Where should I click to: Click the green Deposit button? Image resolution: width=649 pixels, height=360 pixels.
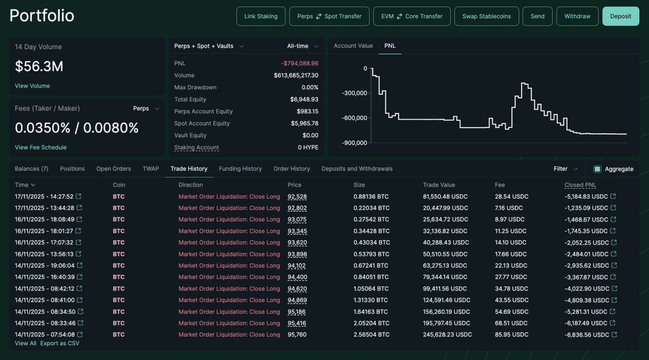[621, 16]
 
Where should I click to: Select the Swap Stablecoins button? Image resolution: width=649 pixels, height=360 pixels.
[486, 16]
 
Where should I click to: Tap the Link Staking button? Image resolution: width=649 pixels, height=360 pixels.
[261, 16]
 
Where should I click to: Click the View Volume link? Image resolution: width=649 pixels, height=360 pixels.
[32, 86]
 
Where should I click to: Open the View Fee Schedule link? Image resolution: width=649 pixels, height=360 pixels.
[41, 147]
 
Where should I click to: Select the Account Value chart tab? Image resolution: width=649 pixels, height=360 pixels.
[353, 46]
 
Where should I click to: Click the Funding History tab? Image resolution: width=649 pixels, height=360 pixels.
[240, 169]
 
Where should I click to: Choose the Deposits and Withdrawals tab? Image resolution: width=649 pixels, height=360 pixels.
[357, 169]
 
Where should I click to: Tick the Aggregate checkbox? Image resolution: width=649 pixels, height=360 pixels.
[597, 169]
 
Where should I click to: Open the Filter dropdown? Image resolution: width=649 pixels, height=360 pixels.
[565, 169]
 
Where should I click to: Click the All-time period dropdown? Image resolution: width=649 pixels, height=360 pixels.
[303, 46]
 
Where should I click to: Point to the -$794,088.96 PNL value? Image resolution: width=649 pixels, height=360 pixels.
[300, 63]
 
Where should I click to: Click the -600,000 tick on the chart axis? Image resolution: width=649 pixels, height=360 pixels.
[354, 118]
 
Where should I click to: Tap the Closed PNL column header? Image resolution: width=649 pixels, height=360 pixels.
[580, 185]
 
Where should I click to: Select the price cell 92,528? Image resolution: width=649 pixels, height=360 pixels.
[297, 197]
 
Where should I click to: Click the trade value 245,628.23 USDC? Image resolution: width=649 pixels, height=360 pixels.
[447, 335]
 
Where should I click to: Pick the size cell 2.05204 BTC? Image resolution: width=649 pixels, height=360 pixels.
[372, 323]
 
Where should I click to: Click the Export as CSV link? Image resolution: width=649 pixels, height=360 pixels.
[60, 343]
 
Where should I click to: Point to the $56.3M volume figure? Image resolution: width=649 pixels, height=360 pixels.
[39, 66]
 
